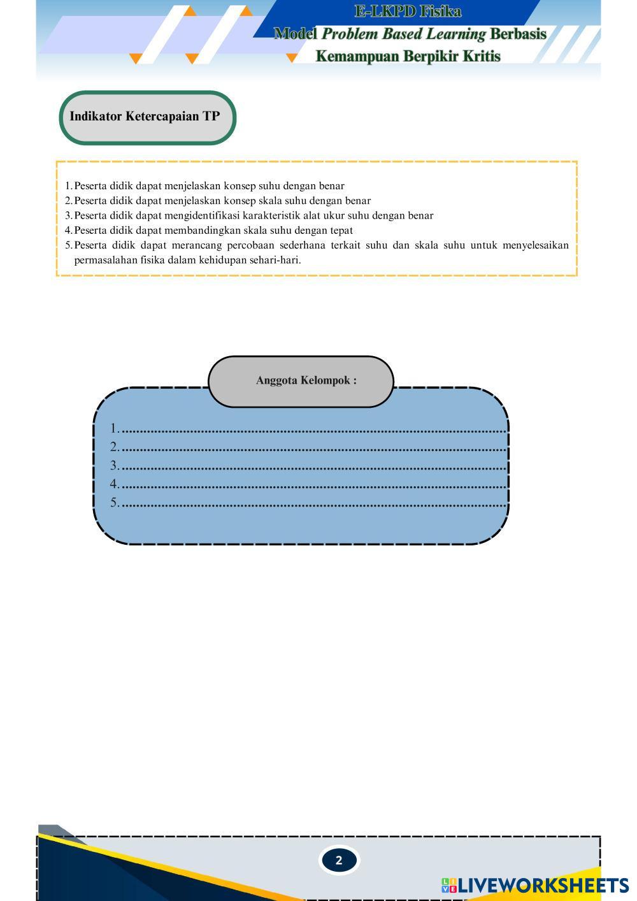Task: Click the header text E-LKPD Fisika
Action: tap(408, 11)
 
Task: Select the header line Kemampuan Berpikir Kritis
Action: tap(408, 56)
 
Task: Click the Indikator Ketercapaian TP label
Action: tap(145, 116)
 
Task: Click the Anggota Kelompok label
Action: tap(306, 380)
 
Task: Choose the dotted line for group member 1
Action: tap(313, 430)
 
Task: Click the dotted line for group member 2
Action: tap(313, 449)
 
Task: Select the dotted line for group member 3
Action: tap(313, 467)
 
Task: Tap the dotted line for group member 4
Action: tap(313, 486)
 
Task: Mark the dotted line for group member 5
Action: tap(313, 504)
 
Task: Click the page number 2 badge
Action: tap(338, 860)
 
